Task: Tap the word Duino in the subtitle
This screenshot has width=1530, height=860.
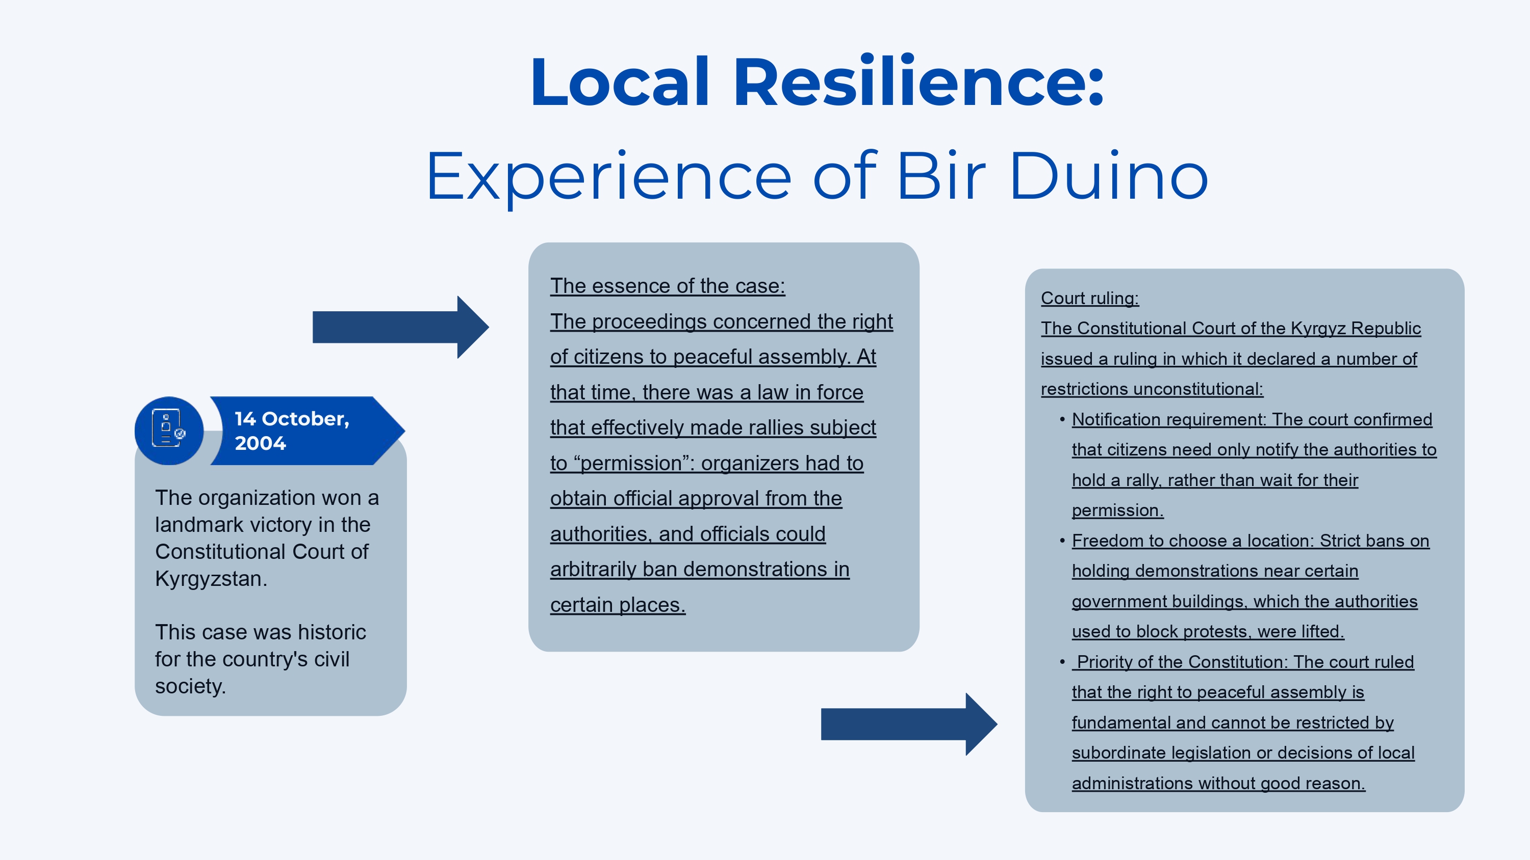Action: point(1108,176)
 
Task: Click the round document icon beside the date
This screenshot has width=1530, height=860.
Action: point(169,431)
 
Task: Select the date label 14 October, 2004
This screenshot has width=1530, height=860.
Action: point(291,431)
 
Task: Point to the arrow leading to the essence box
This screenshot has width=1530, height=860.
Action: point(400,327)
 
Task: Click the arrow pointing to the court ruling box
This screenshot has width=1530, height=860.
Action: point(909,724)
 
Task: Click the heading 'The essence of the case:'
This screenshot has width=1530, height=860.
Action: point(667,286)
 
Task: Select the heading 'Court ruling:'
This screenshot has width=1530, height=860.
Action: point(1089,298)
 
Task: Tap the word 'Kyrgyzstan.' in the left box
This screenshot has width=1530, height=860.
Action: point(211,579)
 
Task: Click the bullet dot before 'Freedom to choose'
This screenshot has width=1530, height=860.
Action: point(1062,541)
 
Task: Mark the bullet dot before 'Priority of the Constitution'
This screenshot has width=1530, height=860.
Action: point(1062,662)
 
